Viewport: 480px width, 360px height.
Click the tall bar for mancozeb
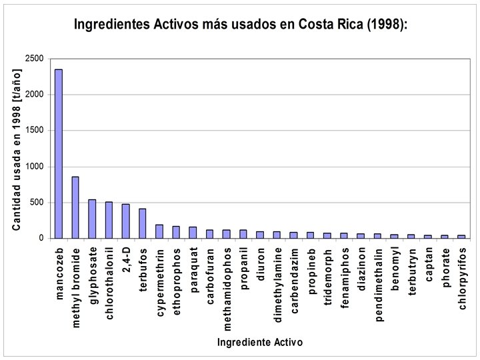59,153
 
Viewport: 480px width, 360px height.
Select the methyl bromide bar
75,207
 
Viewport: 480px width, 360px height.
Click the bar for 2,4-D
125,221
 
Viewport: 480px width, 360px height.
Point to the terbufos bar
142,223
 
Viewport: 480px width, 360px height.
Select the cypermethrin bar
159,231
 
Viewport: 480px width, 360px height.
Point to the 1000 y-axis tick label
35,166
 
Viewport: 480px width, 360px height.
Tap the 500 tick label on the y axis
37,202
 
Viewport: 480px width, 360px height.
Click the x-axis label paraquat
193,267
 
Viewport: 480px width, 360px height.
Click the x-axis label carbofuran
210,272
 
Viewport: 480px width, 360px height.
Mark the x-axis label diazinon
361,269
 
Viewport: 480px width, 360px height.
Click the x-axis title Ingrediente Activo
259,343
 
